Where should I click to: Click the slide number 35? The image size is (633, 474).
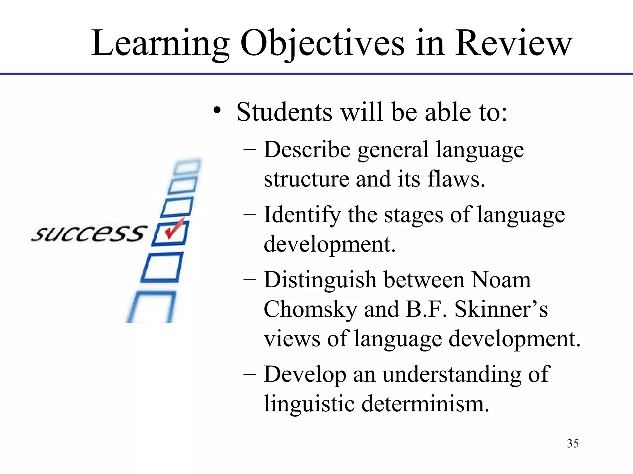[x=573, y=443]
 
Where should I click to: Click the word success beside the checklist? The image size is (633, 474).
[x=88, y=234]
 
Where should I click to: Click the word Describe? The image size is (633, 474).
[x=307, y=150]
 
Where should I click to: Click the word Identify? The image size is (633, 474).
[x=302, y=215]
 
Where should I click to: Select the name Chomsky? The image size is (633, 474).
[x=310, y=310]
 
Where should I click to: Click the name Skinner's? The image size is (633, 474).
[x=501, y=309]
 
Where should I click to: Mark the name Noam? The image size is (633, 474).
[x=501, y=280]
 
